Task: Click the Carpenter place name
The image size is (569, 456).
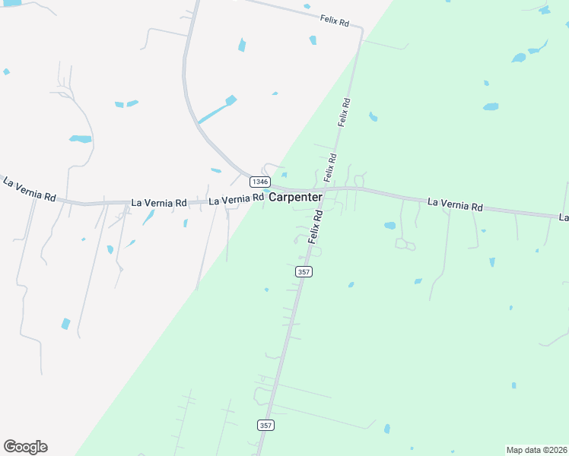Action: [x=296, y=197]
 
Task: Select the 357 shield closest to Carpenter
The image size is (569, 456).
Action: [x=304, y=271]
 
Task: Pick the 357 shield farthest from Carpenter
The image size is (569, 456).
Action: [x=265, y=425]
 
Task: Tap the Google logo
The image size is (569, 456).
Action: [x=25, y=447]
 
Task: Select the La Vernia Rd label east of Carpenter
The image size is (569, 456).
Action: [x=455, y=204]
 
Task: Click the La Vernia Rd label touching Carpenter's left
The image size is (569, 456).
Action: [x=236, y=200]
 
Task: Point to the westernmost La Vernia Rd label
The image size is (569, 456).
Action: [x=30, y=190]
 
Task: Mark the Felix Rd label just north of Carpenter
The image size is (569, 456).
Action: [x=330, y=168]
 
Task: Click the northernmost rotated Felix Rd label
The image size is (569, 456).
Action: [x=345, y=112]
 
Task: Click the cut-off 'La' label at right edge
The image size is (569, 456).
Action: [x=564, y=218]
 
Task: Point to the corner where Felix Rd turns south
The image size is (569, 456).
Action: [x=361, y=30]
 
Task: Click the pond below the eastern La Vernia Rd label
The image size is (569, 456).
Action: [x=389, y=226]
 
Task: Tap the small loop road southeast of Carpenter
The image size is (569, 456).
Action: [x=405, y=245]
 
